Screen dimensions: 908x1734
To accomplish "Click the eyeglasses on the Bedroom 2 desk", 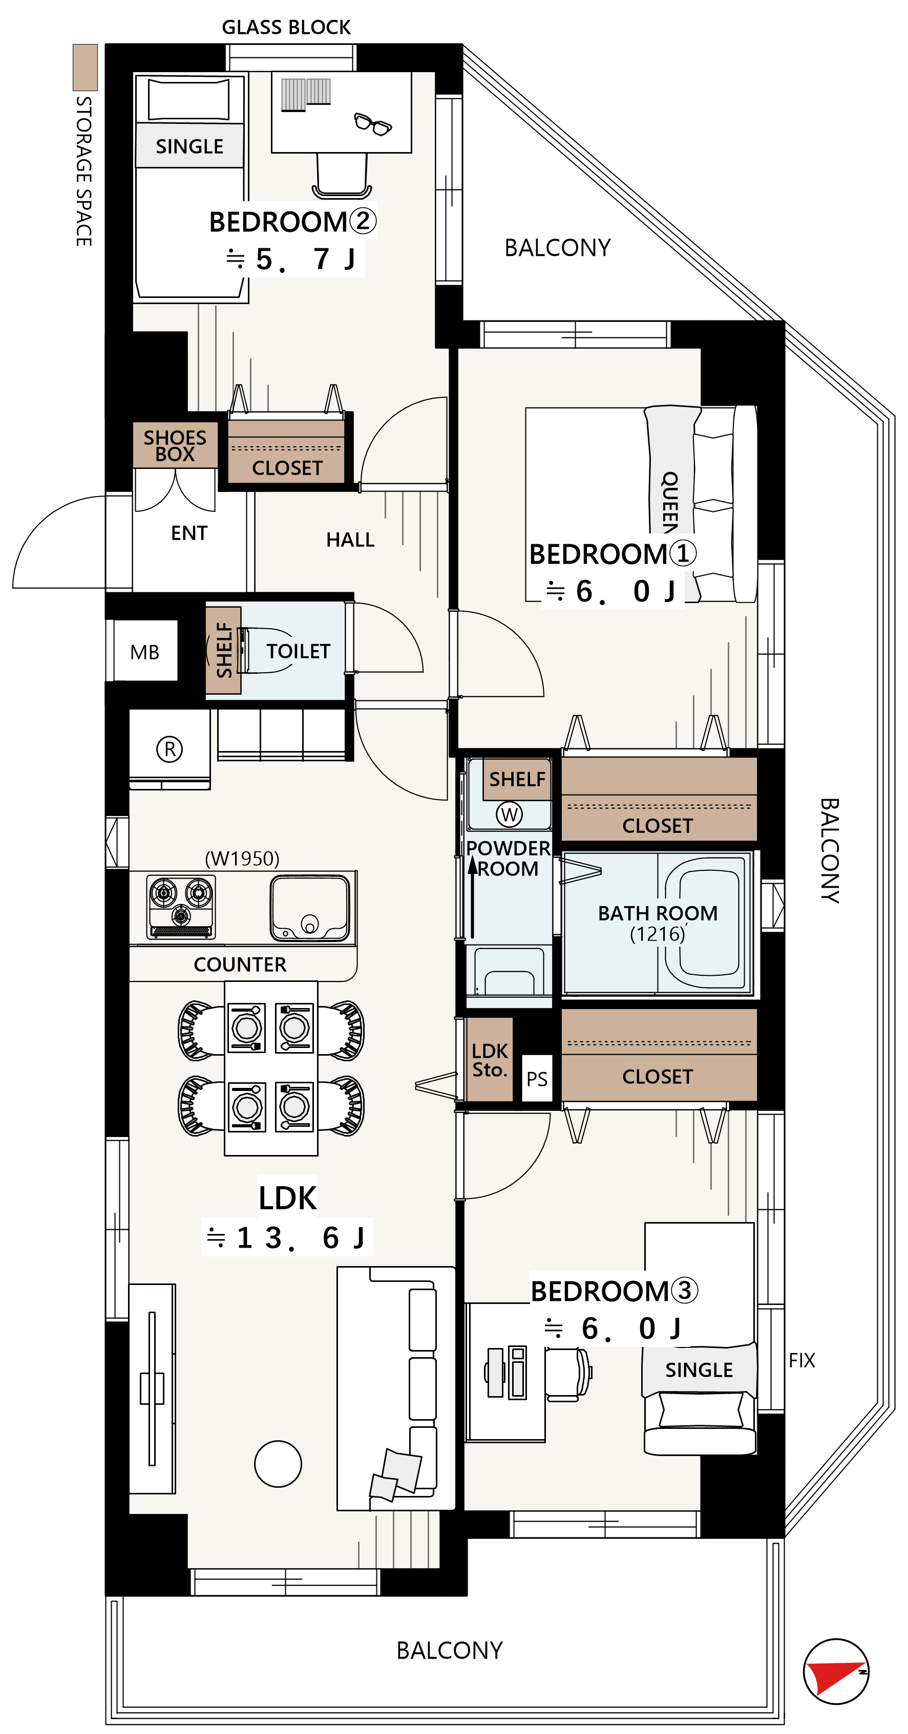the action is (x=372, y=124).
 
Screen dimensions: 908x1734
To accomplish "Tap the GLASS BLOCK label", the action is (x=286, y=28).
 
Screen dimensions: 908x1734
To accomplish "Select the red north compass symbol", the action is (x=836, y=1672).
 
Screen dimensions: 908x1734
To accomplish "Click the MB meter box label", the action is (x=145, y=652).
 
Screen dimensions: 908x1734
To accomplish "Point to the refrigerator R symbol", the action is (x=170, y=748).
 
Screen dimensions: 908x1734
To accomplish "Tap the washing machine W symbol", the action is (x=509, y=815).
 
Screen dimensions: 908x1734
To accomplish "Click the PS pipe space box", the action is (x=537, y=1079).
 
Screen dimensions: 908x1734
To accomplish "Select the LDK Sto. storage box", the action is (x=489, y=1060).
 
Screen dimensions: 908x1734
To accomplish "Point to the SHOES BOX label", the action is (x=175, y=445).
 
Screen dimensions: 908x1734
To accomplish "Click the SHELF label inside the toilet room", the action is (x=224, y=650).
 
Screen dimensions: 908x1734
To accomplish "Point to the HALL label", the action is (x=350, y=540).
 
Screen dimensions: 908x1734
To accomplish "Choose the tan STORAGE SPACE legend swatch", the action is (x=86, y=67).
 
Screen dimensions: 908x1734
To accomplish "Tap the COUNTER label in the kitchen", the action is (x=240, y=965).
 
